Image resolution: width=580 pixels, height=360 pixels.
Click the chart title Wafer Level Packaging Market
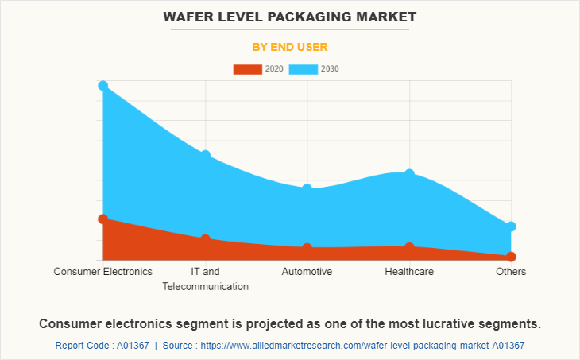coord(290,17)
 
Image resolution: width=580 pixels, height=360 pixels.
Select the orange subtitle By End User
coord(290,47)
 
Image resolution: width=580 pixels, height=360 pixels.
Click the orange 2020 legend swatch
coord(247,69)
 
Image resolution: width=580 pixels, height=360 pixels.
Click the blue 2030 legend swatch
coord(304,69)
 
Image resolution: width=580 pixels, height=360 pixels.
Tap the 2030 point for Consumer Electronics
coord(103,85)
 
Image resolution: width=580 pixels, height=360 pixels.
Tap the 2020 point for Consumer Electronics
coord(103,219)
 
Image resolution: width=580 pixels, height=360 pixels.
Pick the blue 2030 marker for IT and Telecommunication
coord(206,155)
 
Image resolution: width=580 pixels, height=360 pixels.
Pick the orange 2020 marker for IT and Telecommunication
coord(206,238)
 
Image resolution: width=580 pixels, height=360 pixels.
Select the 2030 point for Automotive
coord(307,188)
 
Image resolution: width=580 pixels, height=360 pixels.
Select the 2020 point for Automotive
coord(307,248)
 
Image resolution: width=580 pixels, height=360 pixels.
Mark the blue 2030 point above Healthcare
coord(409,173)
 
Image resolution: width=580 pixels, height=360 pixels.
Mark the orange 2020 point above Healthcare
coord(409,247)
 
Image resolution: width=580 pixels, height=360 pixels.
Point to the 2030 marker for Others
coord(511,226)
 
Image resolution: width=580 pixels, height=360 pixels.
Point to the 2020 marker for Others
coord(511,257)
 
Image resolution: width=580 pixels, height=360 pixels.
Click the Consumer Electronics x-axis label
coord(103,272)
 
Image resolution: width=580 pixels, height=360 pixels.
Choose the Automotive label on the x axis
coord(307,272)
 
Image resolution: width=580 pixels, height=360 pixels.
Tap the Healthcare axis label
coord(409,272)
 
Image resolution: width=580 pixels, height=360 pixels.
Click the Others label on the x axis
coord(511,272)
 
